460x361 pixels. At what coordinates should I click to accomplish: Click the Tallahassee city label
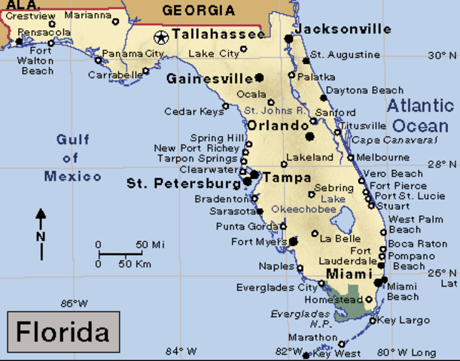coord(218,35)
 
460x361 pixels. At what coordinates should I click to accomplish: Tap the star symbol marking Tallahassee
coord(160,36)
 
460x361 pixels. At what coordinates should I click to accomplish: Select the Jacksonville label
coord(342,29)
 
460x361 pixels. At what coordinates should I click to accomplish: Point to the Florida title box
coord(63,331)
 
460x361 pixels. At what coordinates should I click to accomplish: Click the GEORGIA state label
coord(198,11)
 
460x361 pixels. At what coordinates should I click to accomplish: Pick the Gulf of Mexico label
coord(72,158)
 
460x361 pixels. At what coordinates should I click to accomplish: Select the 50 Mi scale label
coord(150,245)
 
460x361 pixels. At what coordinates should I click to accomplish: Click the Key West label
coord(337,353)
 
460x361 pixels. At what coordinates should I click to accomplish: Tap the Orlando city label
coord(273,126)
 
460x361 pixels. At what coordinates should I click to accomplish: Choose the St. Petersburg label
coord(184,183)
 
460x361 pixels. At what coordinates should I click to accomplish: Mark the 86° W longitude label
coord(75,304)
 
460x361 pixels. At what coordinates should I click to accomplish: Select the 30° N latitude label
coord(442,56)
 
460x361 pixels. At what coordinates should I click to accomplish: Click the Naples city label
coord(276,266)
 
